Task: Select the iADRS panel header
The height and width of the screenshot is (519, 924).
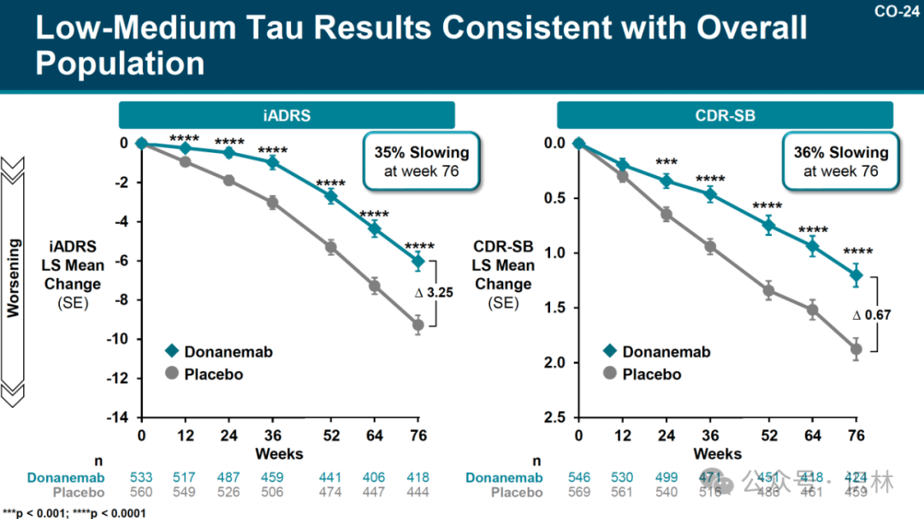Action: [x=287, y=115]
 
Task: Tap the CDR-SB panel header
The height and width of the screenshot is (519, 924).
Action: [x=725, y=115]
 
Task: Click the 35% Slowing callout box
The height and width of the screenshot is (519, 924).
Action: [x=422, y=162]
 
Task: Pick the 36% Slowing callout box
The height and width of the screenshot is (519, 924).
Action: [x=840, y=162]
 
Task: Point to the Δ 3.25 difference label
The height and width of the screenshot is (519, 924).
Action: [x=434, y=292]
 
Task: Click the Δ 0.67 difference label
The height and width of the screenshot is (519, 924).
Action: [x=872, y=315]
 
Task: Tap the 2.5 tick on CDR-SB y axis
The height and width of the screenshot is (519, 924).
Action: [x=555, y=417]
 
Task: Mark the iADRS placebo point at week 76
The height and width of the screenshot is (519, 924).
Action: [x=418, y=325]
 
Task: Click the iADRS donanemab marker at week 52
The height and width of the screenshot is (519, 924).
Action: [x=330, y=197]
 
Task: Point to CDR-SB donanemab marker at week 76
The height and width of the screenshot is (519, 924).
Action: [x=856, y=274]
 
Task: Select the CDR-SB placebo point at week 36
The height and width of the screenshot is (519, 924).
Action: [x=709, y=247]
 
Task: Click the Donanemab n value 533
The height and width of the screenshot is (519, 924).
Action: [x=141, y=478]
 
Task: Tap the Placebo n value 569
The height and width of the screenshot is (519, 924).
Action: [x=579, y=492]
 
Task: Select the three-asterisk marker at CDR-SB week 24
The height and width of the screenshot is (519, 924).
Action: [x=666, y=162]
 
